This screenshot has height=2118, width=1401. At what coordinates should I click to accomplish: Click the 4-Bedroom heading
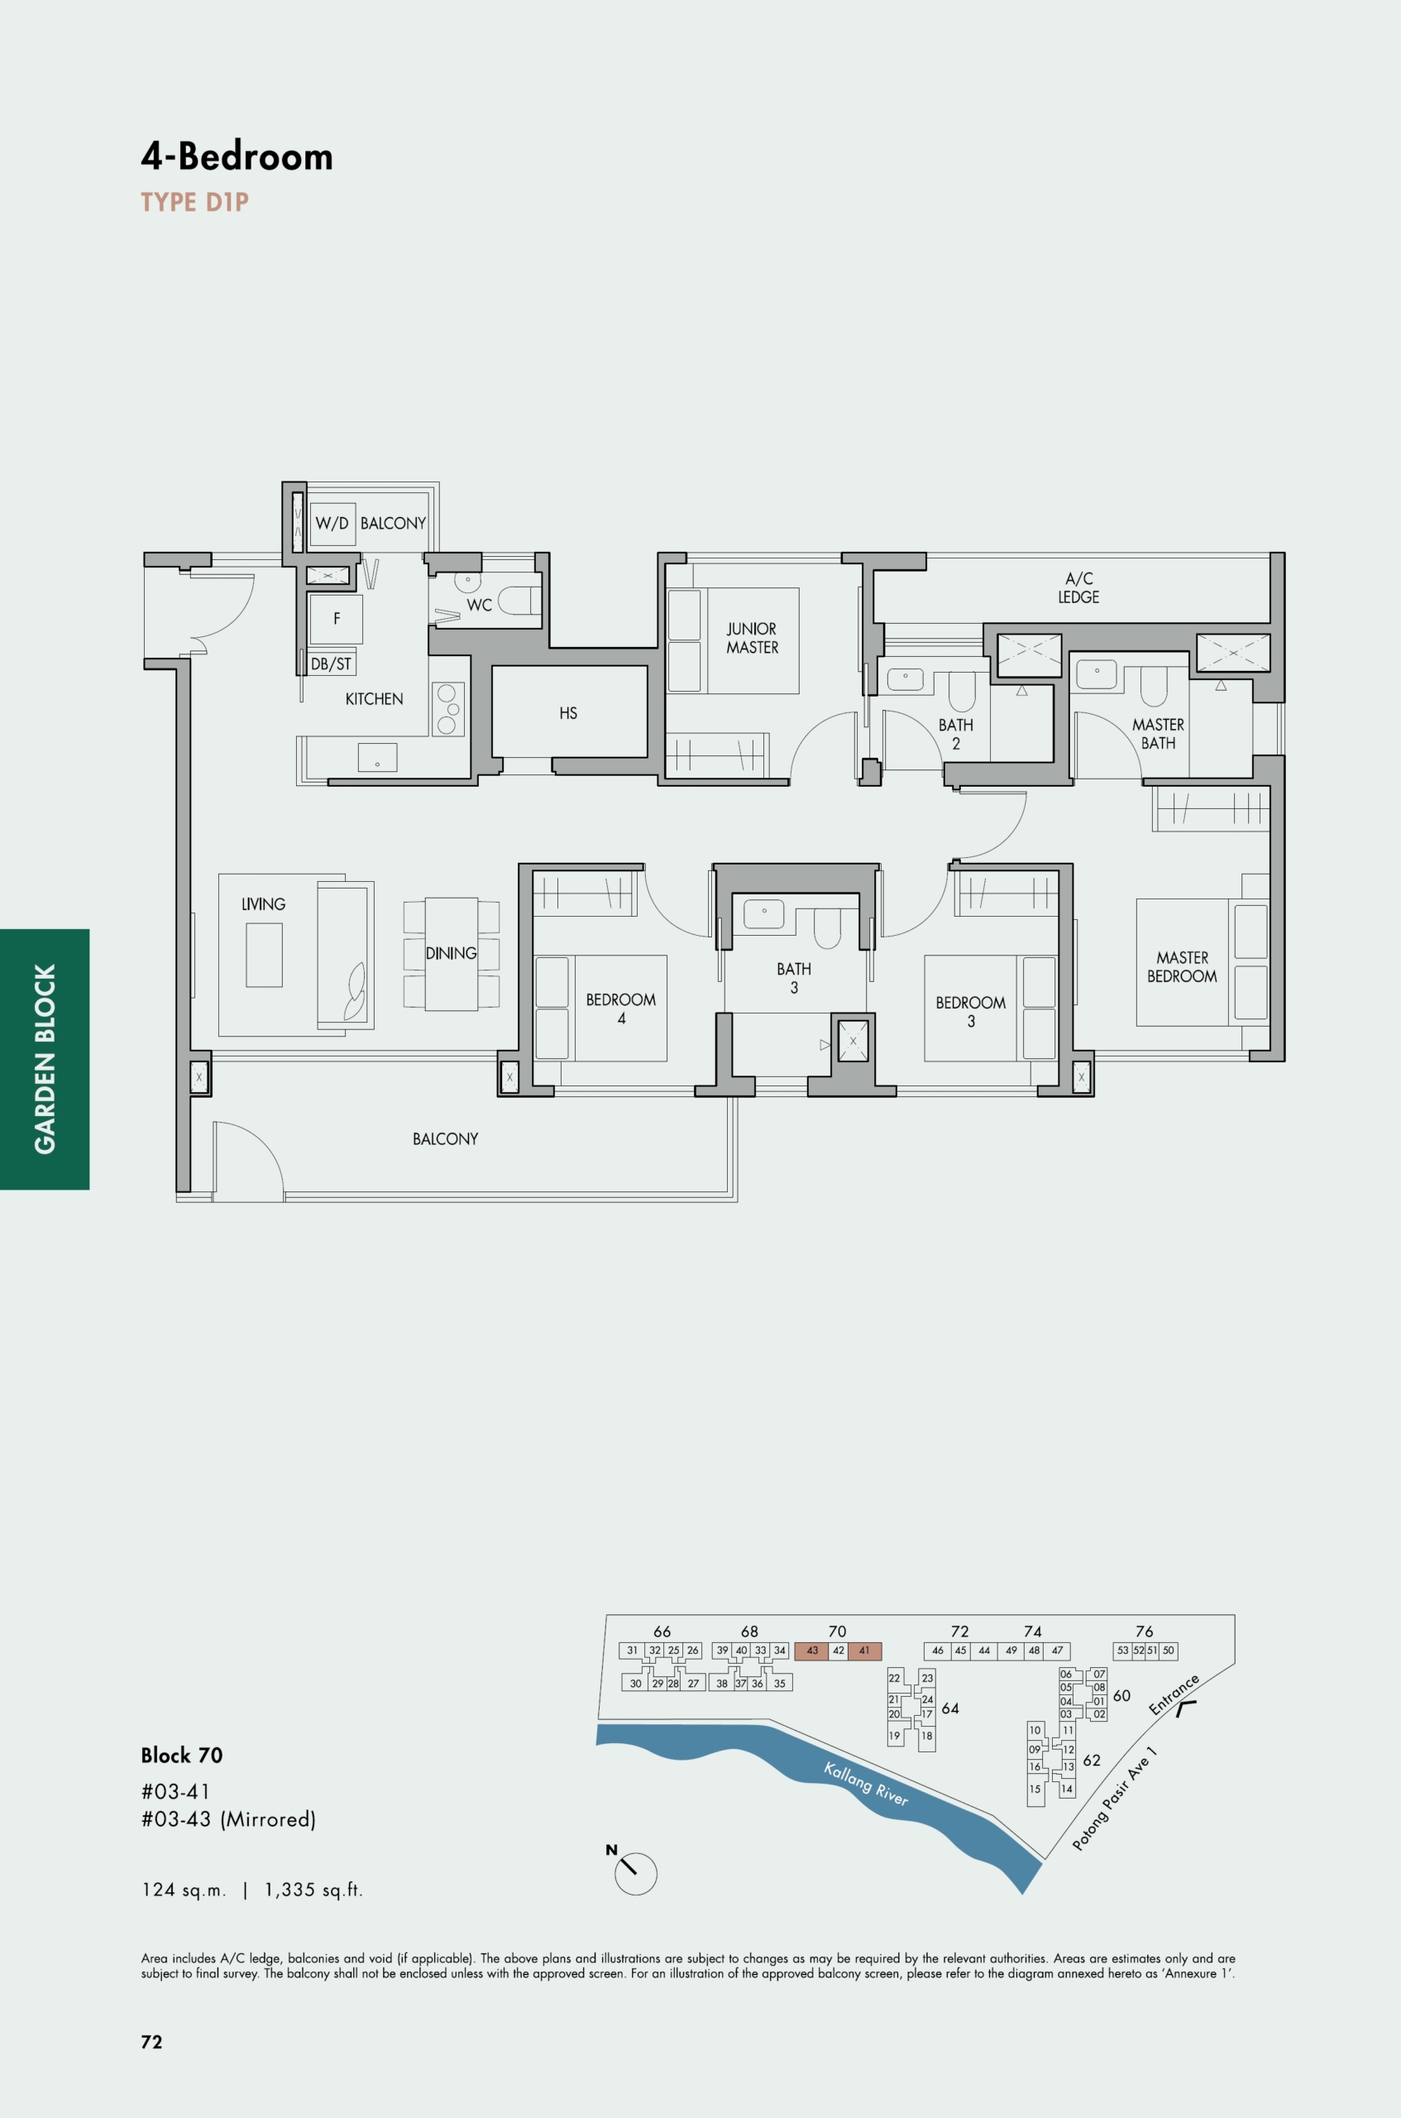click(237, 157)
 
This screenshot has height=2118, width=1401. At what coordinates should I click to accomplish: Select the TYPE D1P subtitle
click(195, 202)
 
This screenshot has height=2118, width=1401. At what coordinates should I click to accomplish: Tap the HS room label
click(568, 713)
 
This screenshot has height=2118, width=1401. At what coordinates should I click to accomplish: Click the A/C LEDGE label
click(1078, 588)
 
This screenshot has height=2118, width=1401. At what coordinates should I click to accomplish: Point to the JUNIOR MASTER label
click(752, 638)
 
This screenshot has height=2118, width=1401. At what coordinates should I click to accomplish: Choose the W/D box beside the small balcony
click(332, 524)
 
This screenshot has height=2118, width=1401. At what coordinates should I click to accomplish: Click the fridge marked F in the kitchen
click(336, 618)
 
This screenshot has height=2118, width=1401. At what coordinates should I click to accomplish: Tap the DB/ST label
click(331, 664)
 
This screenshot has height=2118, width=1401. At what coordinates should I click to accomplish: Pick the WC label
click(479, 605)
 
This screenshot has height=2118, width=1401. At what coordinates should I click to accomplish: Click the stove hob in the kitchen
click(447, 710)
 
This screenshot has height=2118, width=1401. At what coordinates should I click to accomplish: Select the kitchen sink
click(377, 757)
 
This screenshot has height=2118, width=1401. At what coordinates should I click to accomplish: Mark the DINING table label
click(452, 954)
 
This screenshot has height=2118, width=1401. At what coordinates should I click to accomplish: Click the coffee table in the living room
click(264, 955)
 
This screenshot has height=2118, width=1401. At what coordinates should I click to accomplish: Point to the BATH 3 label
click(793, 978)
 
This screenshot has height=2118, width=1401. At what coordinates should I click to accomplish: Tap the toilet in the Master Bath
click(1154, 685)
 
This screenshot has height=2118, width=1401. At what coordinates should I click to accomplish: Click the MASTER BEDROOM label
click(1181, 967)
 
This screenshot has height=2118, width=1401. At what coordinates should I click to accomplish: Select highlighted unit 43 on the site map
click(811, 1651)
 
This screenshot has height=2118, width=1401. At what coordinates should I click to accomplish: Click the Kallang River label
click(866, 1784)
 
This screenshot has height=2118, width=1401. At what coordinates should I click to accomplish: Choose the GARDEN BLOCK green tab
click(45, 1059)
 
